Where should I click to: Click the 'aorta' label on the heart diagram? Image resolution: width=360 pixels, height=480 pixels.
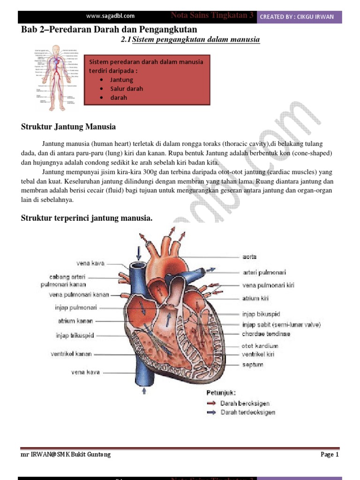[x=249, y=257]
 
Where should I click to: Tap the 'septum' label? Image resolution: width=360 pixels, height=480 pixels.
[x=253, y=364]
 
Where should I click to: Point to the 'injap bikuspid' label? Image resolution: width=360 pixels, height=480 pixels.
[x=261, y=314]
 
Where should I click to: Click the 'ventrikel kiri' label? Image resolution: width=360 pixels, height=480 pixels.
[x=258, y=354]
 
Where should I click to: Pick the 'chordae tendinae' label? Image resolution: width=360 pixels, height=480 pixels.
[x=266, y=334]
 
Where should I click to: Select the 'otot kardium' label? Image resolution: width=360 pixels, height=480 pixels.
[x=259, y=346]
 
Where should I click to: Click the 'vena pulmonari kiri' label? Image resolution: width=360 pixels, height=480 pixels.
[x=268, y=285]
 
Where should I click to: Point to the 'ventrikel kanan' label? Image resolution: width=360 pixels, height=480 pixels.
[x=71, y=354]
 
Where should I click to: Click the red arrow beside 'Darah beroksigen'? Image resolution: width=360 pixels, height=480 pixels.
[x=211, y=403]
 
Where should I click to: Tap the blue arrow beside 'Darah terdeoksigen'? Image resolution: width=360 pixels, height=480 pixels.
[x=211, y=412]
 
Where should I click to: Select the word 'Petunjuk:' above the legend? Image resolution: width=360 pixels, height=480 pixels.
[x=221, y=392]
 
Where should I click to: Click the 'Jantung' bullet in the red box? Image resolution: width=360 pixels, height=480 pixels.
[x=122, y=80]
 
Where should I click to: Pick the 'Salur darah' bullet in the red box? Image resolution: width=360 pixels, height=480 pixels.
[x=127, y=89]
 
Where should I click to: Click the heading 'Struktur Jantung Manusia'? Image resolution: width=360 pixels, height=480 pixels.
[x=68, y=127]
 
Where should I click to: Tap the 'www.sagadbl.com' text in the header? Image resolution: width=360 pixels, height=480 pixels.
[x=110, y=16]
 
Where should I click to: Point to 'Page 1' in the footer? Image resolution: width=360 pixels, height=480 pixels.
[x=330, y=454]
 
